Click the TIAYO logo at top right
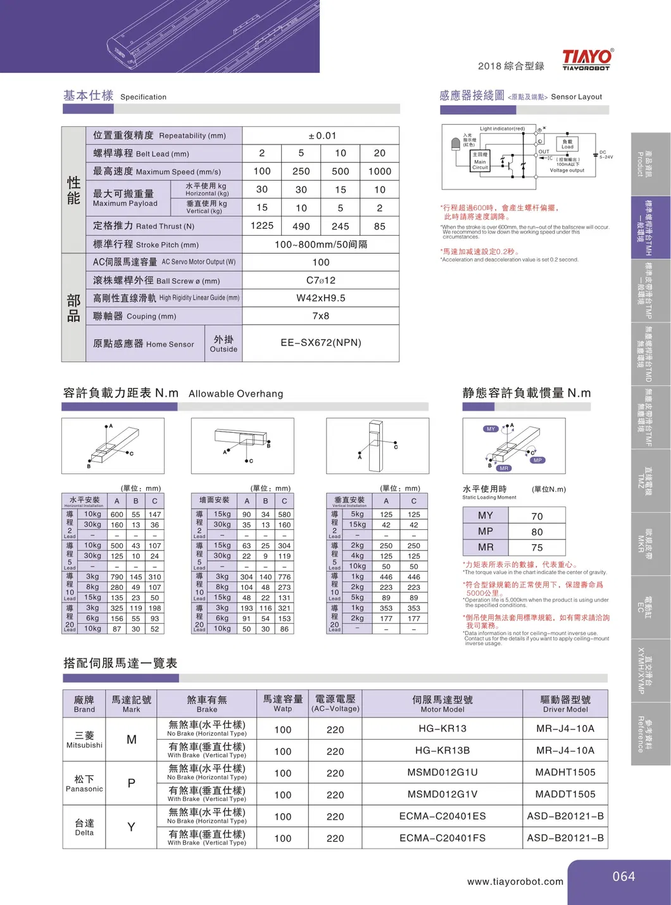click(x=587, y=59)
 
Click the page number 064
click(x=623, y=876)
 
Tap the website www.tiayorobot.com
click(x=515, y=882)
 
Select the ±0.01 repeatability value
click(x=322, y=136)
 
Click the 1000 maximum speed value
click(x=379, y=171)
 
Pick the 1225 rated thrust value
click(x=261, y=226)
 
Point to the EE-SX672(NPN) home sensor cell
click(x=321, y=343)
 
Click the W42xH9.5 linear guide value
click(x=321, y=298)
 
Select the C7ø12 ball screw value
click(x=321, y=280)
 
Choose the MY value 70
click(x=537, y=517)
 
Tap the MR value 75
click(x=537, y=548)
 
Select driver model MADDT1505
click(x=565, y=794)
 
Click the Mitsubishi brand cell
click(x=84, y=740)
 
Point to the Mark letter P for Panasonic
click(x=131, y=783)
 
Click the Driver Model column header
click(x=565, y=703)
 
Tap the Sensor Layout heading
click(x=576, y=97)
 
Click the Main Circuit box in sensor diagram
click(x=480, y=161)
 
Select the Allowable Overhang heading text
click(x=235, y=394)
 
